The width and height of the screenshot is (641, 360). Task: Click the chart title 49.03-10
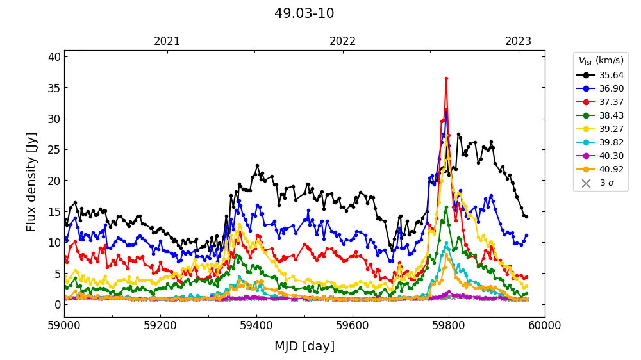click(x=304, y=13)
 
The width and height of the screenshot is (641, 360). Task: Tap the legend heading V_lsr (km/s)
click(x=601, y=61)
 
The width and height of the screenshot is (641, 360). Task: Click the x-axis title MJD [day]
click(x=304, y=347)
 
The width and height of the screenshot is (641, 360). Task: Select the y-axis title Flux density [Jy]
click(x=32, y=182)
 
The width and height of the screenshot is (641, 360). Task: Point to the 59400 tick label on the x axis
click(x=256, y=325)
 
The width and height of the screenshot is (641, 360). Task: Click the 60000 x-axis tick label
click(x=545, y=325)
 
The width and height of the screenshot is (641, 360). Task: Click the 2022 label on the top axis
click(x=342, y=41)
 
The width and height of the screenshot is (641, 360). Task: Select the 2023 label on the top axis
click(x=518, y=41)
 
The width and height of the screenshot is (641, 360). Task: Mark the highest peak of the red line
click(x=446, y=78)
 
